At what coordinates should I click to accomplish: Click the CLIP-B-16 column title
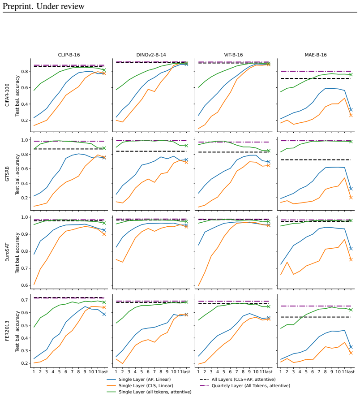tap(69, 55)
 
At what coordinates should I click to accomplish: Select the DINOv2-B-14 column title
tap(151, 55)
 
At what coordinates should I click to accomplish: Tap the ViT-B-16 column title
tap(233, 55)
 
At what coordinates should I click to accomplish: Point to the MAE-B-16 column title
tap(316, 55)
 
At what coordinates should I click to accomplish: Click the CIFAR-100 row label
tap(7, 95)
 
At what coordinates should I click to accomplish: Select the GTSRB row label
tap(7, 174)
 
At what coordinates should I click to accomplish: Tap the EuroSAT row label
tap(7, 252)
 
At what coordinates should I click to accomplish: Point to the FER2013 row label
tap(7, 331)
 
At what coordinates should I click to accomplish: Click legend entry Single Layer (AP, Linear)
tap(145, 379)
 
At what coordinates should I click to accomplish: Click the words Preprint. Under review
tap(43, 6)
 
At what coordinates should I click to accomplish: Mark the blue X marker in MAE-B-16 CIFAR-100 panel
tap(351, 110)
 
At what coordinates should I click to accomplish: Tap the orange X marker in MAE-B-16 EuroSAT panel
tap(351, 259)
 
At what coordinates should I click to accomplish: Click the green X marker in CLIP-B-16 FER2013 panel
tap(104, 302)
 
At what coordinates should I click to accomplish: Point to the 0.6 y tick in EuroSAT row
tap(25, 285)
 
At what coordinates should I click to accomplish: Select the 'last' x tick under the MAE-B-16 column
tap(351, 371)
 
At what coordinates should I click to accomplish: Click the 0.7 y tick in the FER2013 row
tap(25, 300)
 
